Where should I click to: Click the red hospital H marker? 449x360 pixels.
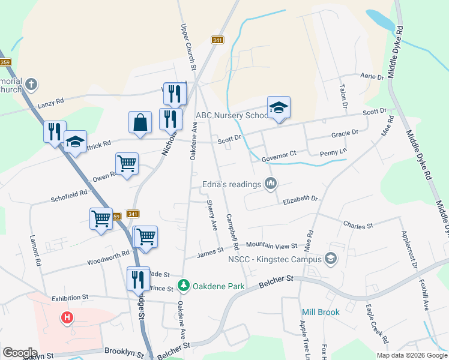(x=67, y=317)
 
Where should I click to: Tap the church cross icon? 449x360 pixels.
(x=32, y=84)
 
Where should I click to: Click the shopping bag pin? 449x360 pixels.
(x=140, y=123)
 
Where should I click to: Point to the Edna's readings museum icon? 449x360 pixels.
(x=270, y=184)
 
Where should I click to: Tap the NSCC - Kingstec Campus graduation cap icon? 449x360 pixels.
(x=330, y=259)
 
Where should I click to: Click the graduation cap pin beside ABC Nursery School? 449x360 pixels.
(x=279, y=108)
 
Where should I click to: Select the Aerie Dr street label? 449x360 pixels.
(x=372, y=77)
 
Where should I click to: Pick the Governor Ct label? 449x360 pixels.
(x=279, y=154)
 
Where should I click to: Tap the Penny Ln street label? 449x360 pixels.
(x=333, y=152)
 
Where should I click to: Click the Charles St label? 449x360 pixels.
(x=358, y=225)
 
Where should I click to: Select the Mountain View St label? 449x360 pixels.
(x=271, y=245)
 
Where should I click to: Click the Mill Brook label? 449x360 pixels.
(x=321, y=312)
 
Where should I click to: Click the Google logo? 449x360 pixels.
(x=20, y=353)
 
